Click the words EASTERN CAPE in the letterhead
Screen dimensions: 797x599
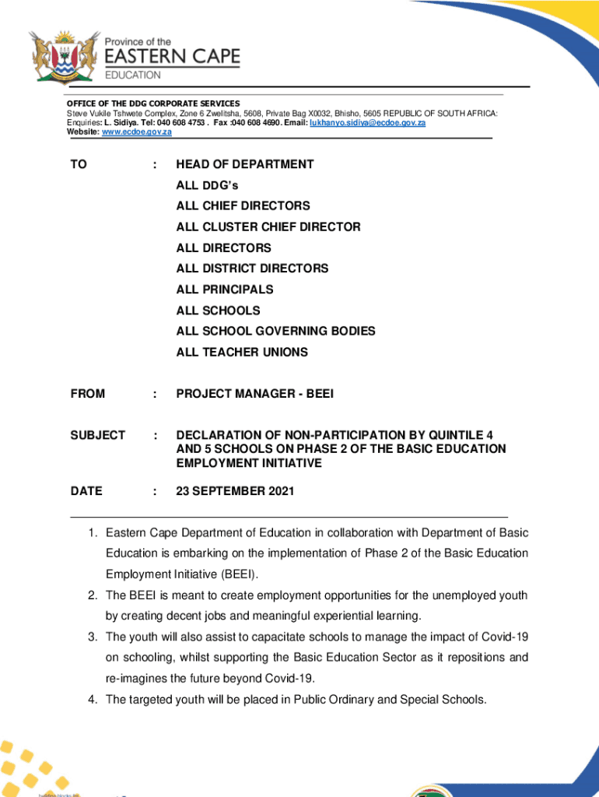(173, 57)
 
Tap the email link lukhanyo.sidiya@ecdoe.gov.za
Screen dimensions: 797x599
(367, 123)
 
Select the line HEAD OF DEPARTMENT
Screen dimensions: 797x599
(244, 164)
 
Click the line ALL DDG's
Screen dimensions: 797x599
(207, 185)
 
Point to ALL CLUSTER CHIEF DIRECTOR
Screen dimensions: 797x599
(268, 227)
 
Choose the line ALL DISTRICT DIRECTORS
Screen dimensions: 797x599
(252, 269)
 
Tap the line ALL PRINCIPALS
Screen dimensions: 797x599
(225, 290)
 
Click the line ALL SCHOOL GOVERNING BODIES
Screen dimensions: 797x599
(275, 332)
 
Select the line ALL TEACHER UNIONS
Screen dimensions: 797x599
(242, 353)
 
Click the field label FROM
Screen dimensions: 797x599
(87, 395)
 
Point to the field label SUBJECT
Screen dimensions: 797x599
(97, 436)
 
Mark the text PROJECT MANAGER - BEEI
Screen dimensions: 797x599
(254, 395)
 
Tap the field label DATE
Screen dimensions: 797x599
(86, 492)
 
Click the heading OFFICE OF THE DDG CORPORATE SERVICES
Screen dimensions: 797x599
(152, 104)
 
